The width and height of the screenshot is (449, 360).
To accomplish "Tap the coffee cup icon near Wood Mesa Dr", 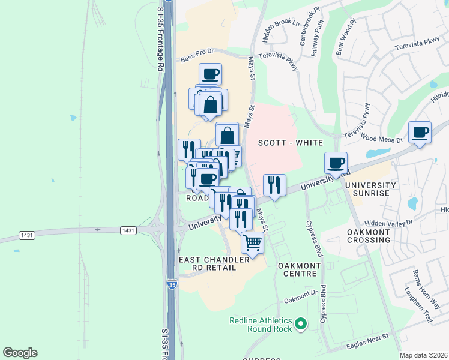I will click(x=420, y=132).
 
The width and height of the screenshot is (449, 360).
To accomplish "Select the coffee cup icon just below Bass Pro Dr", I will click(x=210, y=74).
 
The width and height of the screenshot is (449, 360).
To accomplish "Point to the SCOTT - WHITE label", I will click(x=291, y=143).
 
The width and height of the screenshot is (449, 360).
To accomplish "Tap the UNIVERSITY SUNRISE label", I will click(x=370, y=190).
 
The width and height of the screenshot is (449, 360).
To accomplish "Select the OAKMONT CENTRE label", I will click(x=297, y=269).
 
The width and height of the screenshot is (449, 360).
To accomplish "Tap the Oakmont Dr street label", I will click(x=301, y=293).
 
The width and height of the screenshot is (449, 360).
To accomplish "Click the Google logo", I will click(x=20, y=353).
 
